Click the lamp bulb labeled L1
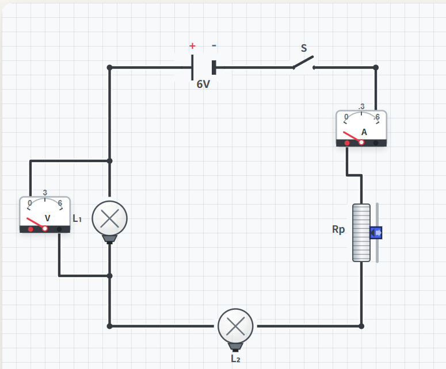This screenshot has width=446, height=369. click(109, 218)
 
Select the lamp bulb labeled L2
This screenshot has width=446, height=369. click(235, 326)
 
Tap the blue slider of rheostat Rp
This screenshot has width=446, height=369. click(376, 233)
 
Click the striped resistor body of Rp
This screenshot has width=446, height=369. click(361, 233)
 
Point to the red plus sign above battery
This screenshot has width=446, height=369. click(192, 46)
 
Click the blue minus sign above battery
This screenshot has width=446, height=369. click(214, 45)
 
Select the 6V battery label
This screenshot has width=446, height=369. click(203, 84)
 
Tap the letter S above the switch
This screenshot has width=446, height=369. click(304, 48)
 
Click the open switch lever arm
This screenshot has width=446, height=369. click(303, 62)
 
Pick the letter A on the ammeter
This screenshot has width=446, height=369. click(364, 132)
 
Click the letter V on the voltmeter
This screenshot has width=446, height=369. click(48, 218)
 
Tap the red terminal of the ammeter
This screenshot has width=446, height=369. click(347, 143)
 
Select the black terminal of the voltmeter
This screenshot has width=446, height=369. click(59, 229)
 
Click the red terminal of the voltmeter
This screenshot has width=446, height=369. click(31, 229)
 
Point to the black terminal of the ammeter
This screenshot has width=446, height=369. click(376, 143)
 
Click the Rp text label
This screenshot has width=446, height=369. click(338, 229)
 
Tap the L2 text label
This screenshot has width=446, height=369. click(235, 359)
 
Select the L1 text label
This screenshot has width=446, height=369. click(77, 218)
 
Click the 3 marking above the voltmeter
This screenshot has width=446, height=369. click(45, 193)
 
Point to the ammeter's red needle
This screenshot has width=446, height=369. click(352, 137)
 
